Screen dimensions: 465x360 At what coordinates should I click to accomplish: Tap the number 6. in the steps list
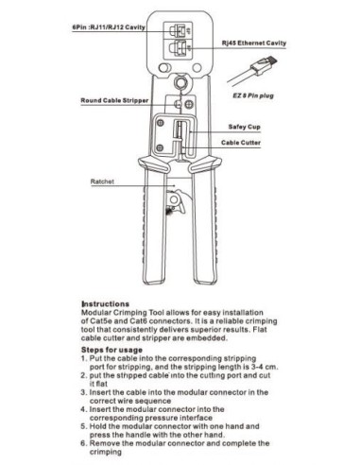[85, 442]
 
